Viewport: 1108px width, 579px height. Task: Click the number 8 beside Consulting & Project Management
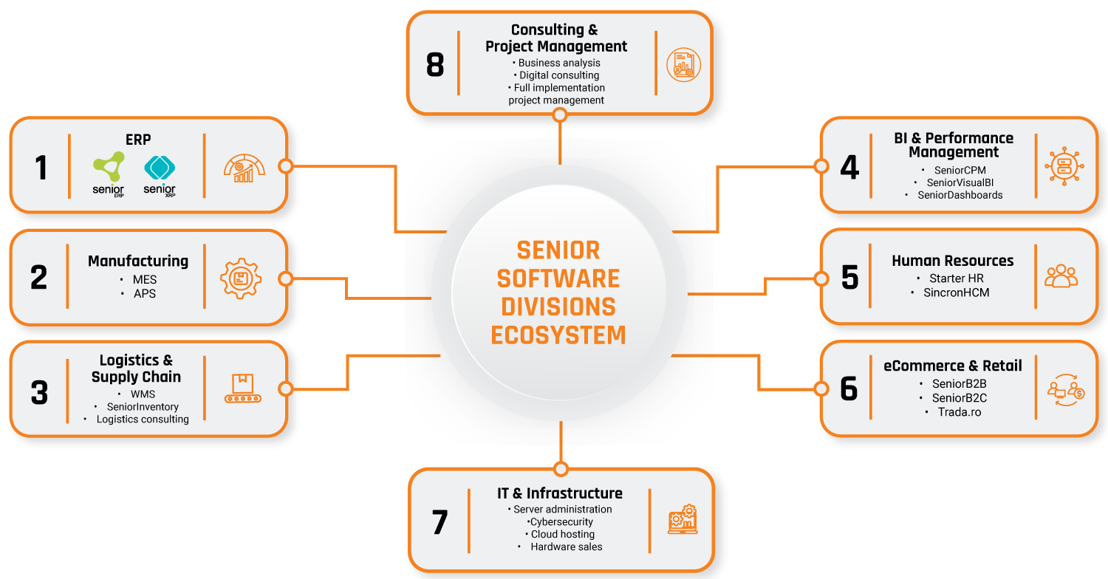coord(435,64)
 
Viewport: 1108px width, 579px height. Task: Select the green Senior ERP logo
coord(109,174)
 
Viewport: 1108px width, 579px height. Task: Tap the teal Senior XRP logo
coord(160,174)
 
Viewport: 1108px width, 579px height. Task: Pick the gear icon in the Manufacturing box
coord(242,278)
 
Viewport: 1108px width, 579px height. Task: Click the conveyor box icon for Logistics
coord(243,388)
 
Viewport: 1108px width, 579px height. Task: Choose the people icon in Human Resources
coord(1061,276)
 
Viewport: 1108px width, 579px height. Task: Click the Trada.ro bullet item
coord(960,411)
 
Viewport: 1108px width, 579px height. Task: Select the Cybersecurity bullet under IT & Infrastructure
coord(561,521)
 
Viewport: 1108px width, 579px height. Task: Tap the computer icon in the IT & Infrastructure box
coord(683,520)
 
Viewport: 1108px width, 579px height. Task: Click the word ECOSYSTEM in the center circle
coord(558,335)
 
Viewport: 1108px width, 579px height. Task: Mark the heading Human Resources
coord(952,261)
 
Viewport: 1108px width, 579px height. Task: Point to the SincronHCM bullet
coord(956,292)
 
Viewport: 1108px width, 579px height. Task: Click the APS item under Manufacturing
coord(145,293)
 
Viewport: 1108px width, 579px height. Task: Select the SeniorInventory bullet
coord(143,406)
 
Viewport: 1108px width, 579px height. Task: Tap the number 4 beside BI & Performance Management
coord(849,168)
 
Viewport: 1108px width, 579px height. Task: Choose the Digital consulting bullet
coord(559,75)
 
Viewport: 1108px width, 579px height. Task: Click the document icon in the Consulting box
coord(683,65)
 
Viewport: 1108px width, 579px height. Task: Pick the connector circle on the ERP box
coord(285,165)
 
